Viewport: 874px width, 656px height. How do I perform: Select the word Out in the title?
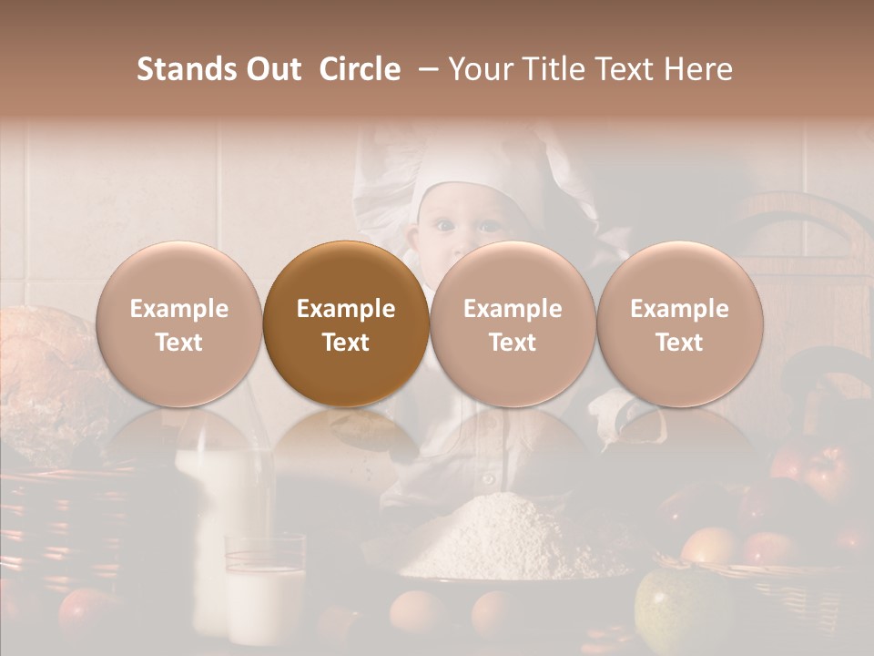[x=272, y=69]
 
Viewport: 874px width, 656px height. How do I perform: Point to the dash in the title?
[x=425, y=69]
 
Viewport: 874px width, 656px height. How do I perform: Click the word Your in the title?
[x=480, y=69]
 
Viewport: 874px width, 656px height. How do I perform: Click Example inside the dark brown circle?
[x=346, y=309]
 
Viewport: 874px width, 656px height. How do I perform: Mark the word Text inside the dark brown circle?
[x=346, y=343]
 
